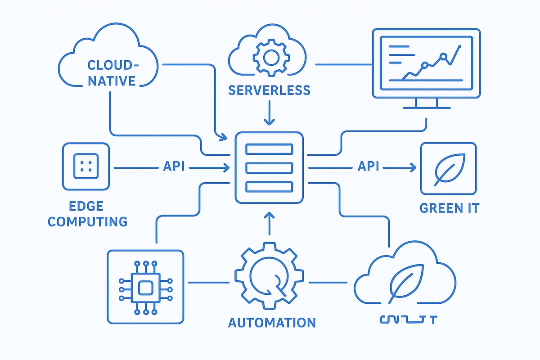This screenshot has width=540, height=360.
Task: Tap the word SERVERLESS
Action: (x=269, y=90)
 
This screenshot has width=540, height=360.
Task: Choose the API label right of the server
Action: (x=368, y=167)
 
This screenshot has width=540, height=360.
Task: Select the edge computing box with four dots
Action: (x=86, y=166)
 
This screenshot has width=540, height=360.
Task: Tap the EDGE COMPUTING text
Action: (x=87, y=214)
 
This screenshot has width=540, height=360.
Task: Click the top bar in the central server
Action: (x=269, y=149)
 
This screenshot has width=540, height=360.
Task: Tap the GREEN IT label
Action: (x=449, y=208)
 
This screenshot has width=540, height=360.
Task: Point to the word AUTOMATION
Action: (x=272, y=322)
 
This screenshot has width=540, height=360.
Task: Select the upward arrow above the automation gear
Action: (x=269, y=218)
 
